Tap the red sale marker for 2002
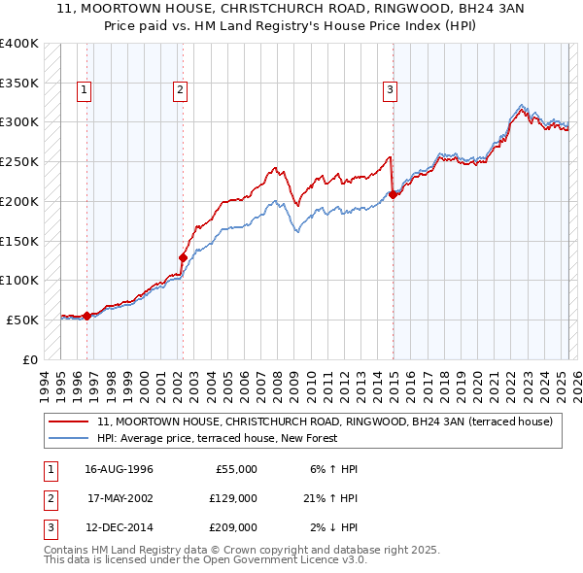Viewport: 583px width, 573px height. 183,257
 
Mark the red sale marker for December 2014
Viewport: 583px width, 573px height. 393,194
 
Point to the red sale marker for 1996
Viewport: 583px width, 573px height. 87,316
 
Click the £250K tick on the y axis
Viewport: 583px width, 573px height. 19,161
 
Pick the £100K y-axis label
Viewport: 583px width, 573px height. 19,280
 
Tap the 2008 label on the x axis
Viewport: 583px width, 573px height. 278,382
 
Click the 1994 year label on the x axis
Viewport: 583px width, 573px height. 46,382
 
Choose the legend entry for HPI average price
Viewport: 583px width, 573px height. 217,438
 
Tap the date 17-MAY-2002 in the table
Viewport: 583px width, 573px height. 120,498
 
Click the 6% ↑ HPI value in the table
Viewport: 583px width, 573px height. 330,468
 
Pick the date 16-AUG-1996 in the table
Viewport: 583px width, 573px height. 120,468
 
